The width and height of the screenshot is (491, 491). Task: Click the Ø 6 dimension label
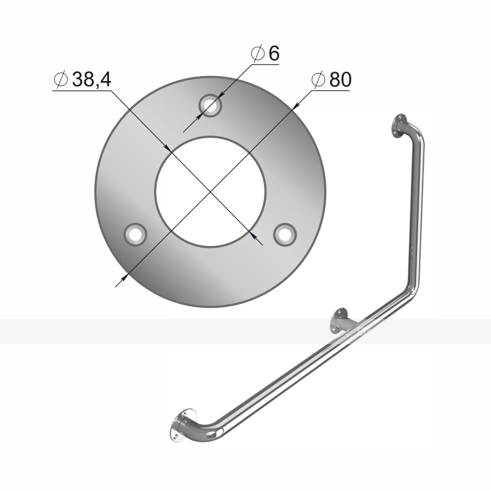pyautogui.click(x=265, y=54)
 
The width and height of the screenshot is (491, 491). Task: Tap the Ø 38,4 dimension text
pyautogui.click(x=82, y=80)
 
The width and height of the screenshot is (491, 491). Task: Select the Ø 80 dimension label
pyautogui.click(x=331, y=80)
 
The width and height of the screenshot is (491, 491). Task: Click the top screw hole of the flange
pyautogui.click(x=211, y=106)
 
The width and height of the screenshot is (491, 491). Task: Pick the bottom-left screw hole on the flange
pyautogui.click(x=136, y=234)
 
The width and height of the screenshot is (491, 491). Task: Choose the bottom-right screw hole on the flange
pyautogui.click(x=285, y=234)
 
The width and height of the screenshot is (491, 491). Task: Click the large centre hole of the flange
pyautogui.click(x=211, y=191)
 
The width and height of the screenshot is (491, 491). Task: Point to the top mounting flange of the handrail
pyautogui.click(x=398, y=126)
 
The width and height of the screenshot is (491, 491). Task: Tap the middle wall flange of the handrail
pyautogui.click(x=338, y=321)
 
